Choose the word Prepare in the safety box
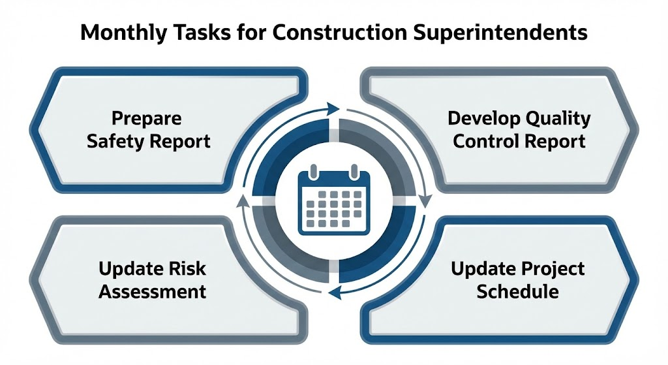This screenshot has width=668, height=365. click(147, 119)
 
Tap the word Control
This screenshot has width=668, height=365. click(486, 141)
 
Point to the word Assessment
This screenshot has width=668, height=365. click(152, 291)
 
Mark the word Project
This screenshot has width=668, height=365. click(552, 268)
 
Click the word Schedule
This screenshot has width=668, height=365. click(517, 291)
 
